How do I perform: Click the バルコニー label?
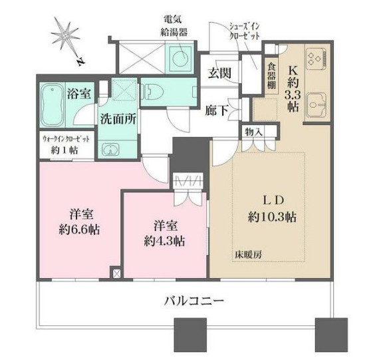pyautogui.click(x=193, y=301)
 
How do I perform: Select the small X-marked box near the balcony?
pyautogui.click(x=116, y=273)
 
